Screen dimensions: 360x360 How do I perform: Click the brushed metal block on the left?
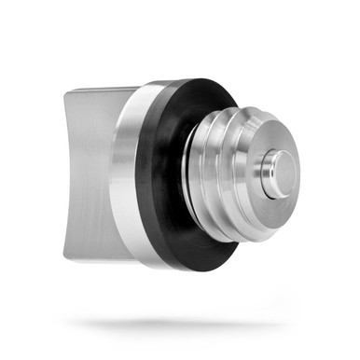[93, 173]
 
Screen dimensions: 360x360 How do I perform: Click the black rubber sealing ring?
[163, 177]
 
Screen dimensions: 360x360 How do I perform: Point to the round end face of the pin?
[284, 173]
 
